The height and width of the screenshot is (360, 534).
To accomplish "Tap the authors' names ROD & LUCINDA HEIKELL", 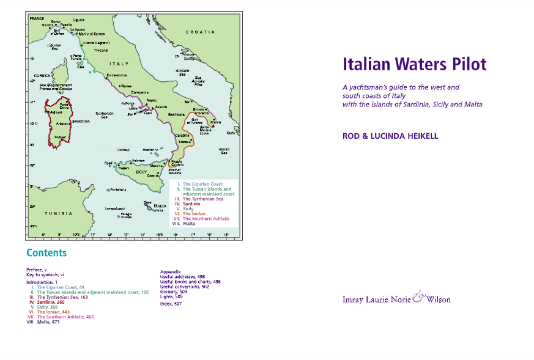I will tap(390, 136).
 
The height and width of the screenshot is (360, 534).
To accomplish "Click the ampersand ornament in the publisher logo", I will tap(418, 298).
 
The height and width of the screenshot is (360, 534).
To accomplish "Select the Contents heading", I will tap(46, 253).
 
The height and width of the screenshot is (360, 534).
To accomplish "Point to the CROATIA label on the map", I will tap(201, 31).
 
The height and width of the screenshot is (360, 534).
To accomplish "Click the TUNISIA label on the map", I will tap(59, 213).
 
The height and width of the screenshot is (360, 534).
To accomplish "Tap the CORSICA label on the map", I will tap(42, 77).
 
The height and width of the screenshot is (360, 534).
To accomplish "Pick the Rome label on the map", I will tap(127, 86).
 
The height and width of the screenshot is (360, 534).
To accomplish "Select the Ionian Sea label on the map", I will tap(224, 151).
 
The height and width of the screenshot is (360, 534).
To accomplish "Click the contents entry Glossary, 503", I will tap(174, 292).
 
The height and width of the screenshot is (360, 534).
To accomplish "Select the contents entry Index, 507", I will tap(171, 304).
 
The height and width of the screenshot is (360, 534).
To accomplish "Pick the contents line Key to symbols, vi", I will tap(45, 275).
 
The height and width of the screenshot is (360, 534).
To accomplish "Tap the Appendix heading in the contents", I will tap(171, 271).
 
